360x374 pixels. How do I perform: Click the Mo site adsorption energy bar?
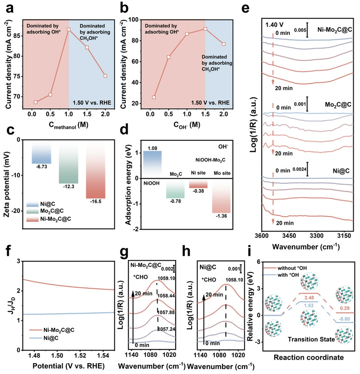point(221,200)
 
